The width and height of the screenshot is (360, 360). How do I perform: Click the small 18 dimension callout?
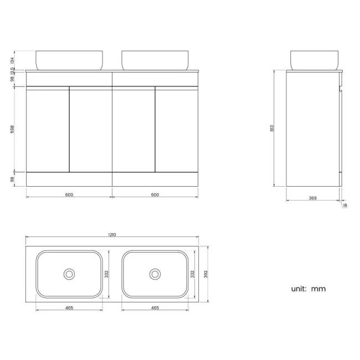[344, 205]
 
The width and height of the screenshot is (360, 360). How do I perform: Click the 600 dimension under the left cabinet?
[69, 194]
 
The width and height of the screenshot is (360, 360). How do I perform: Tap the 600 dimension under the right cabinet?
[155, 194]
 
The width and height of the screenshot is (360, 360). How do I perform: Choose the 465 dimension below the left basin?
[69, 307]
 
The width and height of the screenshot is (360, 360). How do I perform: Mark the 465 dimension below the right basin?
[155, 307]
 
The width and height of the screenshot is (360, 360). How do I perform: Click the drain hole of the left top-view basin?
[69, 274]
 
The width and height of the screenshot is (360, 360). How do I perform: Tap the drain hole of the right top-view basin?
[155, 274]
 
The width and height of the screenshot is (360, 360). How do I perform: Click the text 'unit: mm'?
[308, 289]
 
